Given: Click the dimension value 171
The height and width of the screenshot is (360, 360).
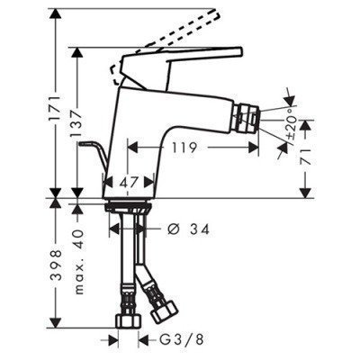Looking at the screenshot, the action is click(x=55, y=108).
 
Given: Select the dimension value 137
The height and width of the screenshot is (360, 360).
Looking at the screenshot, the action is click(x=76, y=123).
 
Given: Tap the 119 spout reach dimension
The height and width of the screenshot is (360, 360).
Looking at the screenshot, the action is click(x=184, y=148).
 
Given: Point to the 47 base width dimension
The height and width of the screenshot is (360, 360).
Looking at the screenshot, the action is click(x=130, y=182).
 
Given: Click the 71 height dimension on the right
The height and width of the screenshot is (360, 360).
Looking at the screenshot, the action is click(x=307, y=156).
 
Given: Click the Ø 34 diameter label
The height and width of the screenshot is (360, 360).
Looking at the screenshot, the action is click(x=188, y=229).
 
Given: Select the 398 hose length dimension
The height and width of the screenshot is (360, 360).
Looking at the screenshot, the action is click(x=56, y=265).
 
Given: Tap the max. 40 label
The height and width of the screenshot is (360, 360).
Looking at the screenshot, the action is click(x=77, y=262).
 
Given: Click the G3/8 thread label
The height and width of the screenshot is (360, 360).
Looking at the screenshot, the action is click(x=181, y=340).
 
